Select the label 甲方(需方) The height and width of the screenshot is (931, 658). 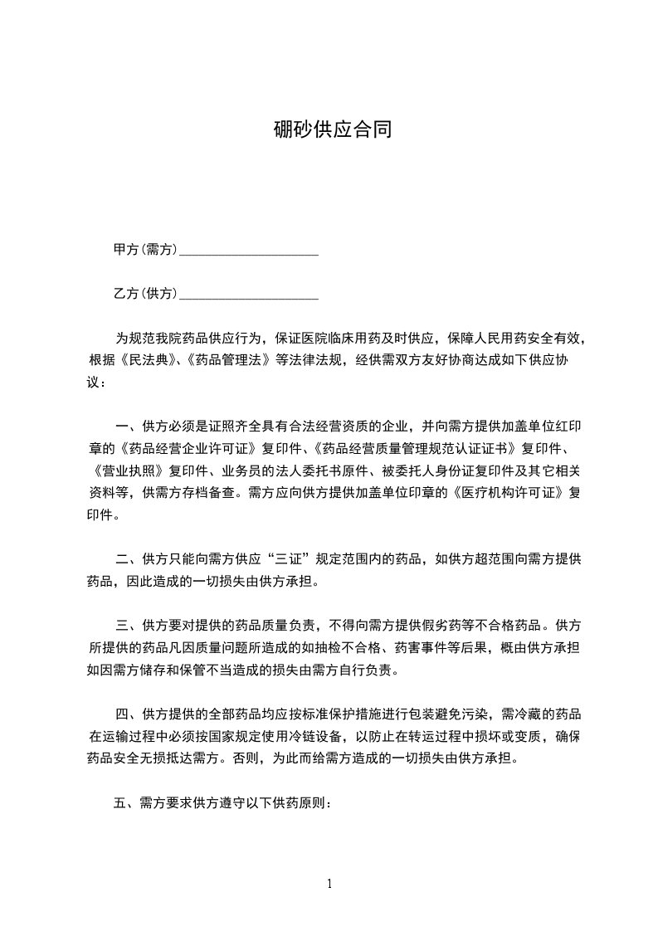click(146, 250)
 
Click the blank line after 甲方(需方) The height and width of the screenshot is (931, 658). click(249, 251)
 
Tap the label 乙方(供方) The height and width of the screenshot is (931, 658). click(146, 294)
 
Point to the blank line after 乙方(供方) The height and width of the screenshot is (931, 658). click(249, 295)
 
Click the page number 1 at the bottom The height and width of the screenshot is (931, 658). click(329, 884)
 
